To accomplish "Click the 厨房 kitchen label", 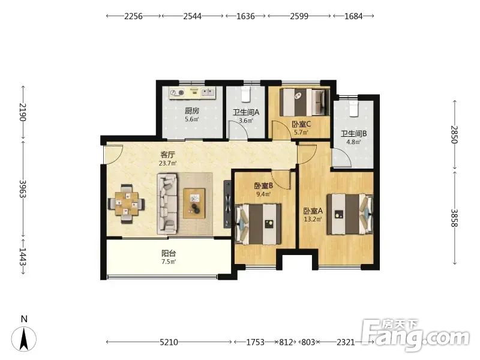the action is pyautogui.click(x=192, y=111).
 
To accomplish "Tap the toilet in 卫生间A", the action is pyautogui.click(x=245, y=94).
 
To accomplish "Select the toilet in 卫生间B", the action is pyautogui.click(x=353, y=109).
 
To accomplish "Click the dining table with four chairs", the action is pyautogui.click(x=127, y=203).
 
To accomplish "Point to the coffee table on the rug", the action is pyautogui.click(x=194, y=203).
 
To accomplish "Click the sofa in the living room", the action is pyautogui.click(x=167, y=204).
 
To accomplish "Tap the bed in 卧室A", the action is pyautogui.click(x=350, y=214).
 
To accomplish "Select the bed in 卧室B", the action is pyautogui.click(x=258, y=224).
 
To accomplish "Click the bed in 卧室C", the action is pyautogui.click(x=305, y=102).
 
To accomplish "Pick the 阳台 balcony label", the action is pyautogui.click(x=169, y=253).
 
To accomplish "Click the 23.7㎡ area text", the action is pyautogui.click(x=167, y=163).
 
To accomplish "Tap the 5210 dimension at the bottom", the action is pyautogui.click(x=169, y=342).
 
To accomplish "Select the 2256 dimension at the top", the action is pyautogui.click(x=133, y=16).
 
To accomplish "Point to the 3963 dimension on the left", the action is pyautogui.click(x=23, y=188).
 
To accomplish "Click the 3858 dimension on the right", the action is pyautogui.click(x=454, y=218).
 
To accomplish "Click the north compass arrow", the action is pyautogui.click(x=23, y=338).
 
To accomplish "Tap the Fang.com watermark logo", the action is pyautogui.click(x=415, y=335).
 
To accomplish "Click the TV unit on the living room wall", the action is pyautogui.click(x=227, y=204).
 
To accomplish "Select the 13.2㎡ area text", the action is pyautogui.click(x=313, y=219).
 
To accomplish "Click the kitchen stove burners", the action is pyautogui.click(x=177, y=92).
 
